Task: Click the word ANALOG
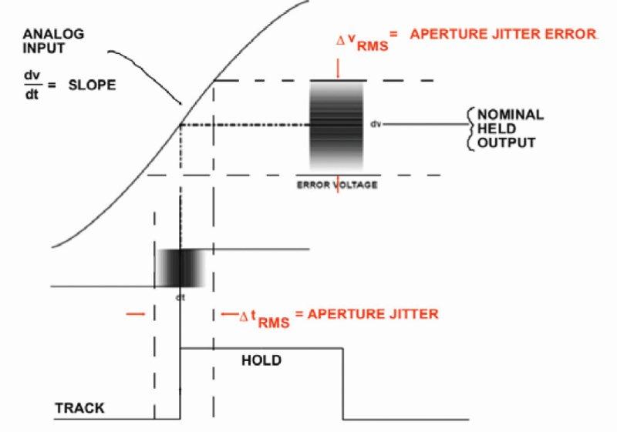click(53, 34)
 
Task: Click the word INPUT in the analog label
click(44, 49)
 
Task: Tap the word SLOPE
click(92, 85)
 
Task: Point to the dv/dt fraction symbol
click(32, 85)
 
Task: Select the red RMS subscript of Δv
click(373, 46)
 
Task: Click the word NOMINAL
click(511, 115)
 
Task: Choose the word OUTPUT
click(507, 142)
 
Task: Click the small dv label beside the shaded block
click(376, 124)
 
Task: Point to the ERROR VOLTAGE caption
click(337, 185)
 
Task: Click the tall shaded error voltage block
click(336, 126)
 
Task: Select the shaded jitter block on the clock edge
click(180, 268)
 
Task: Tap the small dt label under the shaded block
click(180, 297)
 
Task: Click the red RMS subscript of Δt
click(274, 323)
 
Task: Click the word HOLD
click(261, 360)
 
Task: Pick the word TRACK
click(80, 408)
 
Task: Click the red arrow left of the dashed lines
click(136, 313)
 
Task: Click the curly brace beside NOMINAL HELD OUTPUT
click(470, 129)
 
